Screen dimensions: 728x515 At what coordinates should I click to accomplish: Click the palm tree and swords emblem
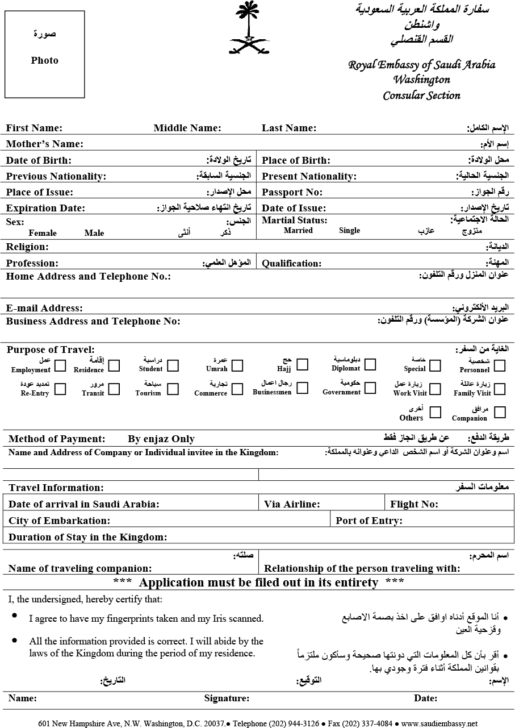(x=249, y=28)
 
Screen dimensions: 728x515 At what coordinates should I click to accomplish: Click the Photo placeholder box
(x=45, y=54)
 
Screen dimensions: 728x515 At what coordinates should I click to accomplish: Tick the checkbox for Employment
(x=60, y=365)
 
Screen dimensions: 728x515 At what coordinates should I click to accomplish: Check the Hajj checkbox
(x=302, y=364)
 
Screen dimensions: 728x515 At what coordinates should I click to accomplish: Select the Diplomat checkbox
(x=370, y=364)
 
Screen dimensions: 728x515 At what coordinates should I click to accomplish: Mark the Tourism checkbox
(x=173, y=389)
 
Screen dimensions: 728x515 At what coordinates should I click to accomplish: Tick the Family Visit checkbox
(x=500, y=389)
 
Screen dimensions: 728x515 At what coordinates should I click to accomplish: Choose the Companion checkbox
(x=500, y=412)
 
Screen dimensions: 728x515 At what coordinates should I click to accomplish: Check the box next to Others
(x=435, y=412)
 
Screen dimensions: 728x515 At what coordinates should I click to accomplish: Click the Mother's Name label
(x=44, y=144)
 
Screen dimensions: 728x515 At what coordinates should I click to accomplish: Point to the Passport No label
(x=292, y=192)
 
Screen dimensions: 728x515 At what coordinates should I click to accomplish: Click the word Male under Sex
(x=94, y=232)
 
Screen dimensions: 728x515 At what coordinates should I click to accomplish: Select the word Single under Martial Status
(x=349, y=230)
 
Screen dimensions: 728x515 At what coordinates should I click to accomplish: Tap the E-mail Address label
(x=44, y=308)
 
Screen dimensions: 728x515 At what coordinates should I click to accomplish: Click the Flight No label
(x=414, y=504)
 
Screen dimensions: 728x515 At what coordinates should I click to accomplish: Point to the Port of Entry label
(x=369, y=521)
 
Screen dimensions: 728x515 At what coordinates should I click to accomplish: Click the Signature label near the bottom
(x=227, y=698)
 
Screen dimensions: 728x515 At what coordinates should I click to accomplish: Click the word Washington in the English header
(x=422, y=80)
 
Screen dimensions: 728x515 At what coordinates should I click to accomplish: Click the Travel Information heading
(x=56, y=488)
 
